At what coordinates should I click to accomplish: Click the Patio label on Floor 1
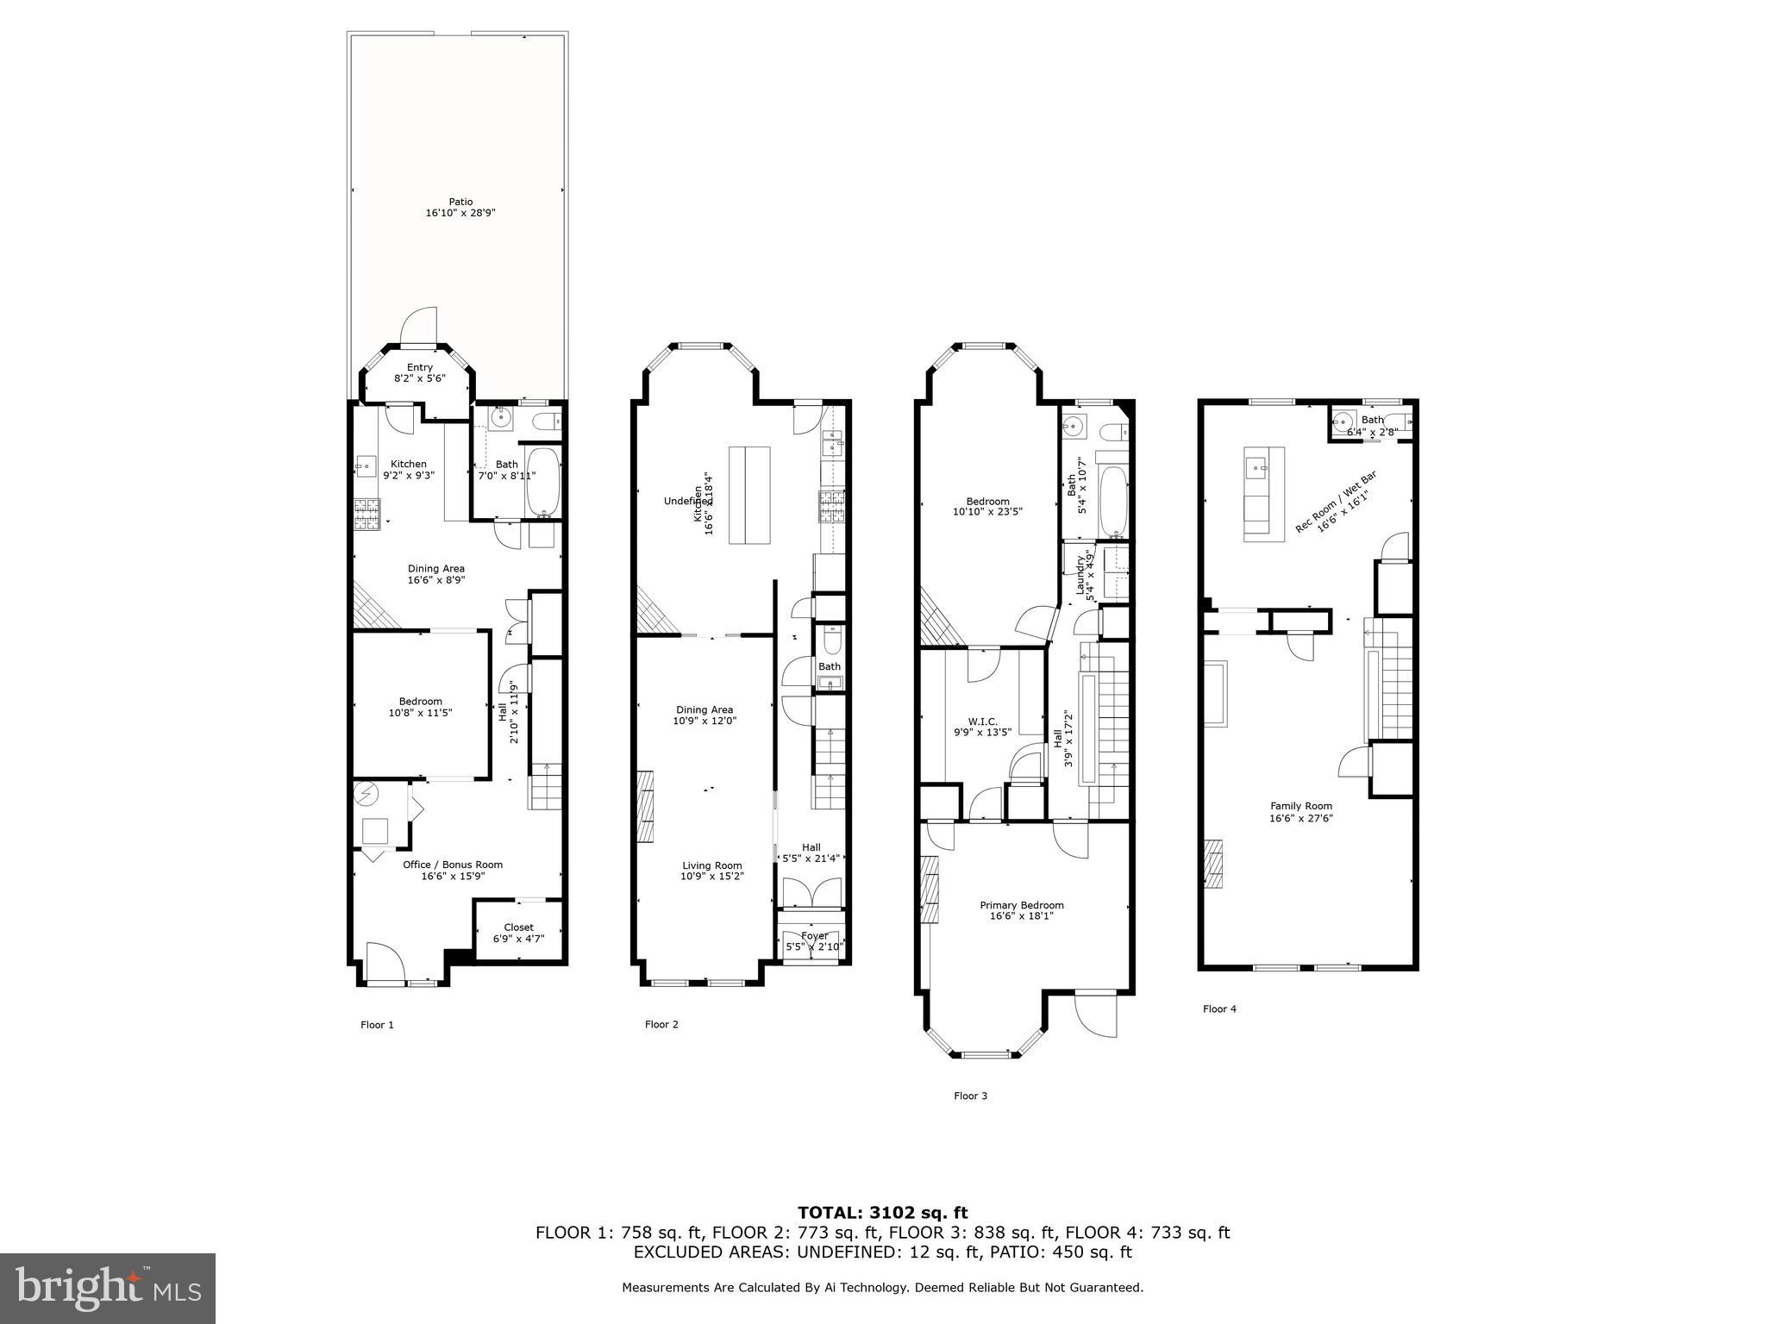(460, 202)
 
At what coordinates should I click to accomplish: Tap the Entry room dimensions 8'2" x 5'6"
(420, 378)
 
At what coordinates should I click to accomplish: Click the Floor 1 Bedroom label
(420, 701)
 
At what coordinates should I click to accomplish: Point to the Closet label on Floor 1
(518, 927)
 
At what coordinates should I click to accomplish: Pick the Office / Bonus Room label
(453, 865)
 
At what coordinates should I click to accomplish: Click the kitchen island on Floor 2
(749, 495)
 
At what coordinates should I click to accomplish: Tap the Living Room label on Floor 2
(711, 865)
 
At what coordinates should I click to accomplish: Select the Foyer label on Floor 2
(814, 935)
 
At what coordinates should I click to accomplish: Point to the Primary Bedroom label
(1021, 905)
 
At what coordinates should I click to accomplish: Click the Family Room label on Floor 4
(1300, 806)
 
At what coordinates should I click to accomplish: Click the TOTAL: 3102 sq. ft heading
(882, 1213)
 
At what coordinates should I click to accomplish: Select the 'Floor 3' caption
(970, 1096)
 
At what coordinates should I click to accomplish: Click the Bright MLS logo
(108, 1289)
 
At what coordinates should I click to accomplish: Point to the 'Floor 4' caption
(1219, 1009)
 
